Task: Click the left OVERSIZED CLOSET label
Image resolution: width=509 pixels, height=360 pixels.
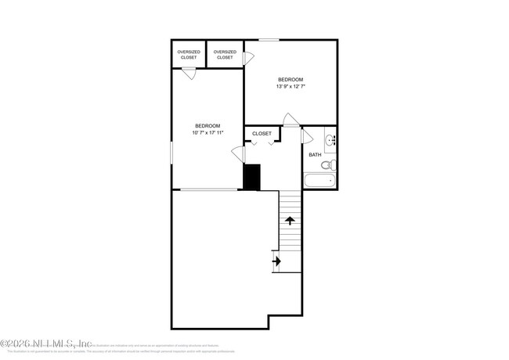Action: pos(188,55)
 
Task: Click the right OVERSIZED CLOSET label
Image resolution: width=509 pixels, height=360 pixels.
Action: pos(225,55)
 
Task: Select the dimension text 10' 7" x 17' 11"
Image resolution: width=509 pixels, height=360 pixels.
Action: pos(208,132)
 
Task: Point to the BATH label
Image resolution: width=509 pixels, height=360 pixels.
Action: pos(315,155)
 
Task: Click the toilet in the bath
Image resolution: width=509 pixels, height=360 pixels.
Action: pos(330,165)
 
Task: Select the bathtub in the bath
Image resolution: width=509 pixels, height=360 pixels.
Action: pos(319,181)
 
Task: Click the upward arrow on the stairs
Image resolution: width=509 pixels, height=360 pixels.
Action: pos(290,221)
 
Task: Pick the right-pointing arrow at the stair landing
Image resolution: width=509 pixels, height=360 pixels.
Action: pos(276,261)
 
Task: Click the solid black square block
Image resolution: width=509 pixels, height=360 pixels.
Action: pos(251,177)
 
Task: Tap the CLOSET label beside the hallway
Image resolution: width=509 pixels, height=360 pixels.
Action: pos(262,134)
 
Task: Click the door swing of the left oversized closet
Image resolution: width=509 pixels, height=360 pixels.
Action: pos(188,73)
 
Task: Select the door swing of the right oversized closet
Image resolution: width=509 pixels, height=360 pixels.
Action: pos(248,57)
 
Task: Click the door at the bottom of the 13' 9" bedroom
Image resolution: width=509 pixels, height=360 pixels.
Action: pos(291,120)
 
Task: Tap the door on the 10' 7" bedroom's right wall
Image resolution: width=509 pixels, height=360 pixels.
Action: pos(238,154)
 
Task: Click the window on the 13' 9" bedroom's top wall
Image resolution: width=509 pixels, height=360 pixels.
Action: pos(269,39)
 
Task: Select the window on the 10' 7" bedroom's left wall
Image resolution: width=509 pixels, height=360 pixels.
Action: pos(171,153)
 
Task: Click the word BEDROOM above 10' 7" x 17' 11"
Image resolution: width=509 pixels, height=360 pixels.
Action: pos(208,125)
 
